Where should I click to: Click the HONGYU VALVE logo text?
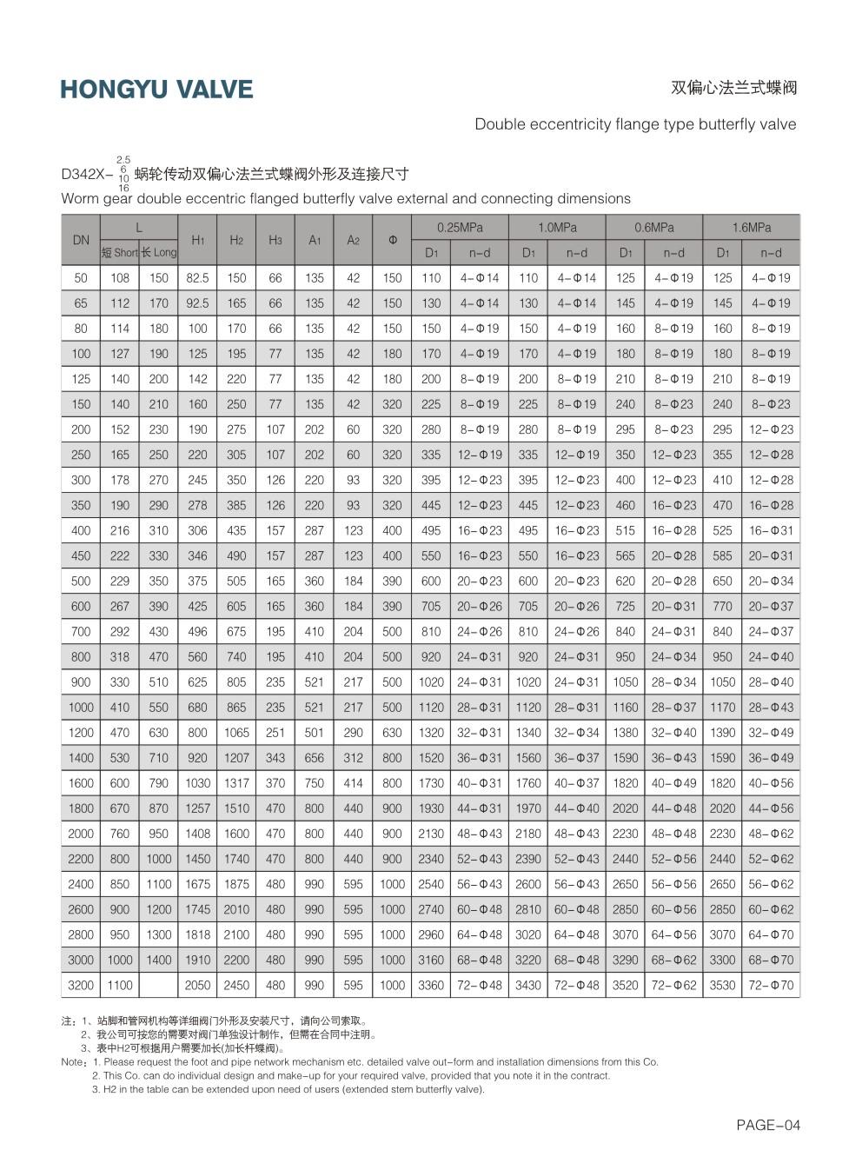[156, 90]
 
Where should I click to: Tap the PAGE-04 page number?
[767, 1125]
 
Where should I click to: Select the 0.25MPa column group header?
[460, 228]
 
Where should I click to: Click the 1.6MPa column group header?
[751, 228]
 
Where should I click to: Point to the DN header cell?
[81, 240]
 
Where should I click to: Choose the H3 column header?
[275, 240]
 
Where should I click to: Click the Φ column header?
[392, 240]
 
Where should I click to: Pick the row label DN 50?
[81, 278]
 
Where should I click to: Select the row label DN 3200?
[81, 985]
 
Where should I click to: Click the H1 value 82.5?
[197, 278]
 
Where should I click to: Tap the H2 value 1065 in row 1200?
[236, 733]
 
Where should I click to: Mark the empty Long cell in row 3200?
[158, 985]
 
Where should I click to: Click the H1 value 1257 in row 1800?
[197, 808]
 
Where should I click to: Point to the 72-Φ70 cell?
[771, 985]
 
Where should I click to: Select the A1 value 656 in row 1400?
[315, 758]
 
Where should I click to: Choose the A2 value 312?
[353, 758]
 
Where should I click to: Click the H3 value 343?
[275, 758]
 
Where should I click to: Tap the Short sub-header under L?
[120, 253]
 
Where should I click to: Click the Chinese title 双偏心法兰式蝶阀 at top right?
[733, 88]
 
